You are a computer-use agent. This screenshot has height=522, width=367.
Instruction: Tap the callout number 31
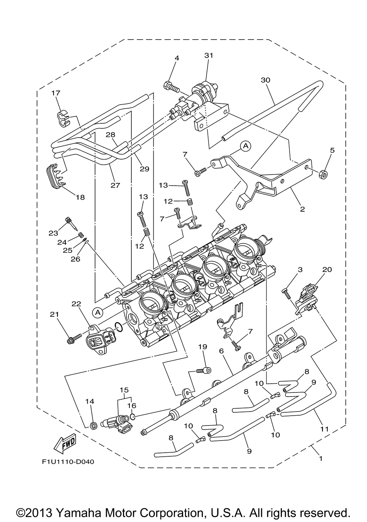point(209,55)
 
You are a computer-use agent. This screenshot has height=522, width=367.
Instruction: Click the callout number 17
point(56,93)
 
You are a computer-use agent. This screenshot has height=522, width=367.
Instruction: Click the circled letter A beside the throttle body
point(98,312)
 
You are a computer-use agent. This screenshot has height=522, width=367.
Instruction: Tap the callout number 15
point(124,390)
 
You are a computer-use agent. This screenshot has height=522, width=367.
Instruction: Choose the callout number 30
point(265,80)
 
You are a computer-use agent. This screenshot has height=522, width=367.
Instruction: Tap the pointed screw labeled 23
point(72,223)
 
